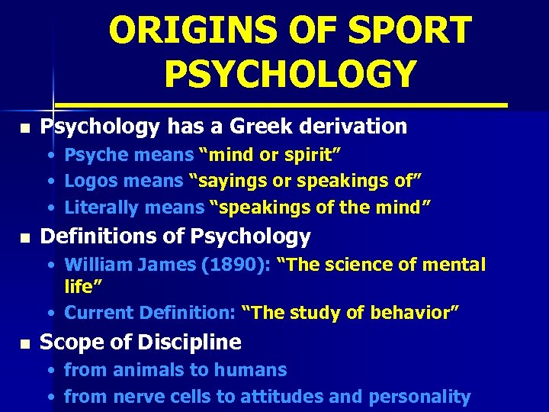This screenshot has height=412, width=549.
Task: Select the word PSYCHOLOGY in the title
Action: (290, 74)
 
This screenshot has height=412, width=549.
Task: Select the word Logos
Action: (90, 182)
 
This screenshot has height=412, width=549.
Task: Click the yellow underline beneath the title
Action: (282, 103)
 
